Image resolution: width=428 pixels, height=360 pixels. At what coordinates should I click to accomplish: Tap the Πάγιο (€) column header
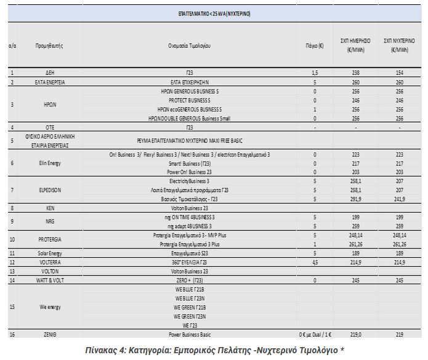tap(315, 46)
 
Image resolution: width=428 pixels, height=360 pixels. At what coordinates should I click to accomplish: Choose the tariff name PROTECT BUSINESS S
tap(190, 100)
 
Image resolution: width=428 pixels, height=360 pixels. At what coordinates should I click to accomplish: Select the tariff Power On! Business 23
tap(190, 173)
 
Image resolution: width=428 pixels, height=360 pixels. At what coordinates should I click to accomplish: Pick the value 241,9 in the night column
tap(400, 199)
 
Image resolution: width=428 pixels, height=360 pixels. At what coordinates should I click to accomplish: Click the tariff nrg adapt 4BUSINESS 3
tap(190, 226)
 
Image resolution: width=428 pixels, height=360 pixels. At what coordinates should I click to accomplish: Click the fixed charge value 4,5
tap(315, 262)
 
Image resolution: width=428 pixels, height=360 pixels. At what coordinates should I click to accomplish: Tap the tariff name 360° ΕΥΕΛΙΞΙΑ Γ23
tap(190, 262)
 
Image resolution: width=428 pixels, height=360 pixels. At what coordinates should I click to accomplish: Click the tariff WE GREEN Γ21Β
tap(190, 307)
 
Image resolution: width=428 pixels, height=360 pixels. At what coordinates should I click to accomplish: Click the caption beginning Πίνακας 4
tap(214, 349)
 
